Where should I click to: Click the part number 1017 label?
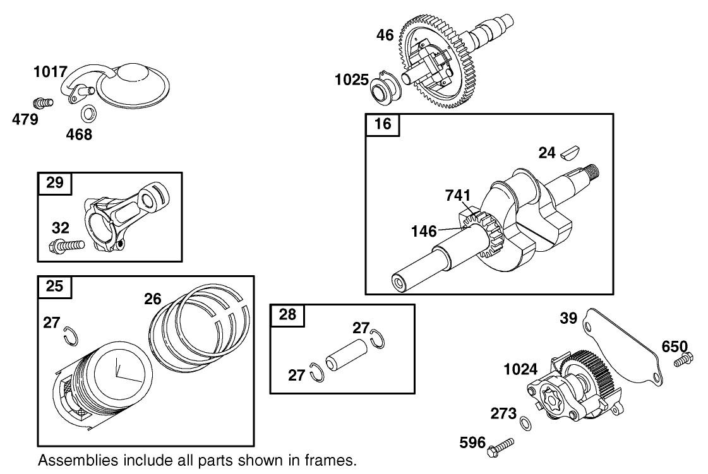(x=51, y=71)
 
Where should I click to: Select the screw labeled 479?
(x=41, y=101)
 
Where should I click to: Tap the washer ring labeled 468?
(x=88, y=114)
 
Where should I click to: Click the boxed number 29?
(x=55, y=183)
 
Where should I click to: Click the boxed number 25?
(x=55, y=287)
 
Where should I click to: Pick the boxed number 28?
(x=287, y=314)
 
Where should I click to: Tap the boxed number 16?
(x=383, y=124)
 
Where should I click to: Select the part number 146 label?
(x=423, y=232)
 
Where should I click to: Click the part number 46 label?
(x=385, y=35)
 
